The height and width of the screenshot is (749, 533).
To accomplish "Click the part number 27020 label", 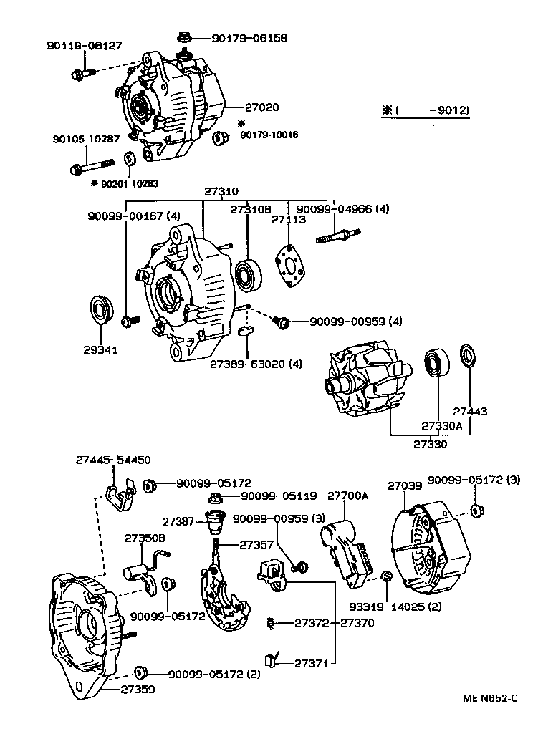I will pyautogui.click(x=262, y=107).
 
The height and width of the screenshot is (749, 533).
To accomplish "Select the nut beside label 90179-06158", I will pyautogui.click(x=181, y=36).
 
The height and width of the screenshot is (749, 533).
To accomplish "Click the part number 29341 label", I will pyautogui.click(x=100, y=350).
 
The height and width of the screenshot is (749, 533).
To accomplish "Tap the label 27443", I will pyautogui.click(x=470, y=412).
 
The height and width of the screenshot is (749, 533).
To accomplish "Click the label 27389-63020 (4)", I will pyautogui.click(x=256, y=364).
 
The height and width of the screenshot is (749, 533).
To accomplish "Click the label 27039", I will pyautogui.click(x=405, y=485).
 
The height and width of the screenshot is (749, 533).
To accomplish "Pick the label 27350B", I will pyautogui.click(x=145, y=538).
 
